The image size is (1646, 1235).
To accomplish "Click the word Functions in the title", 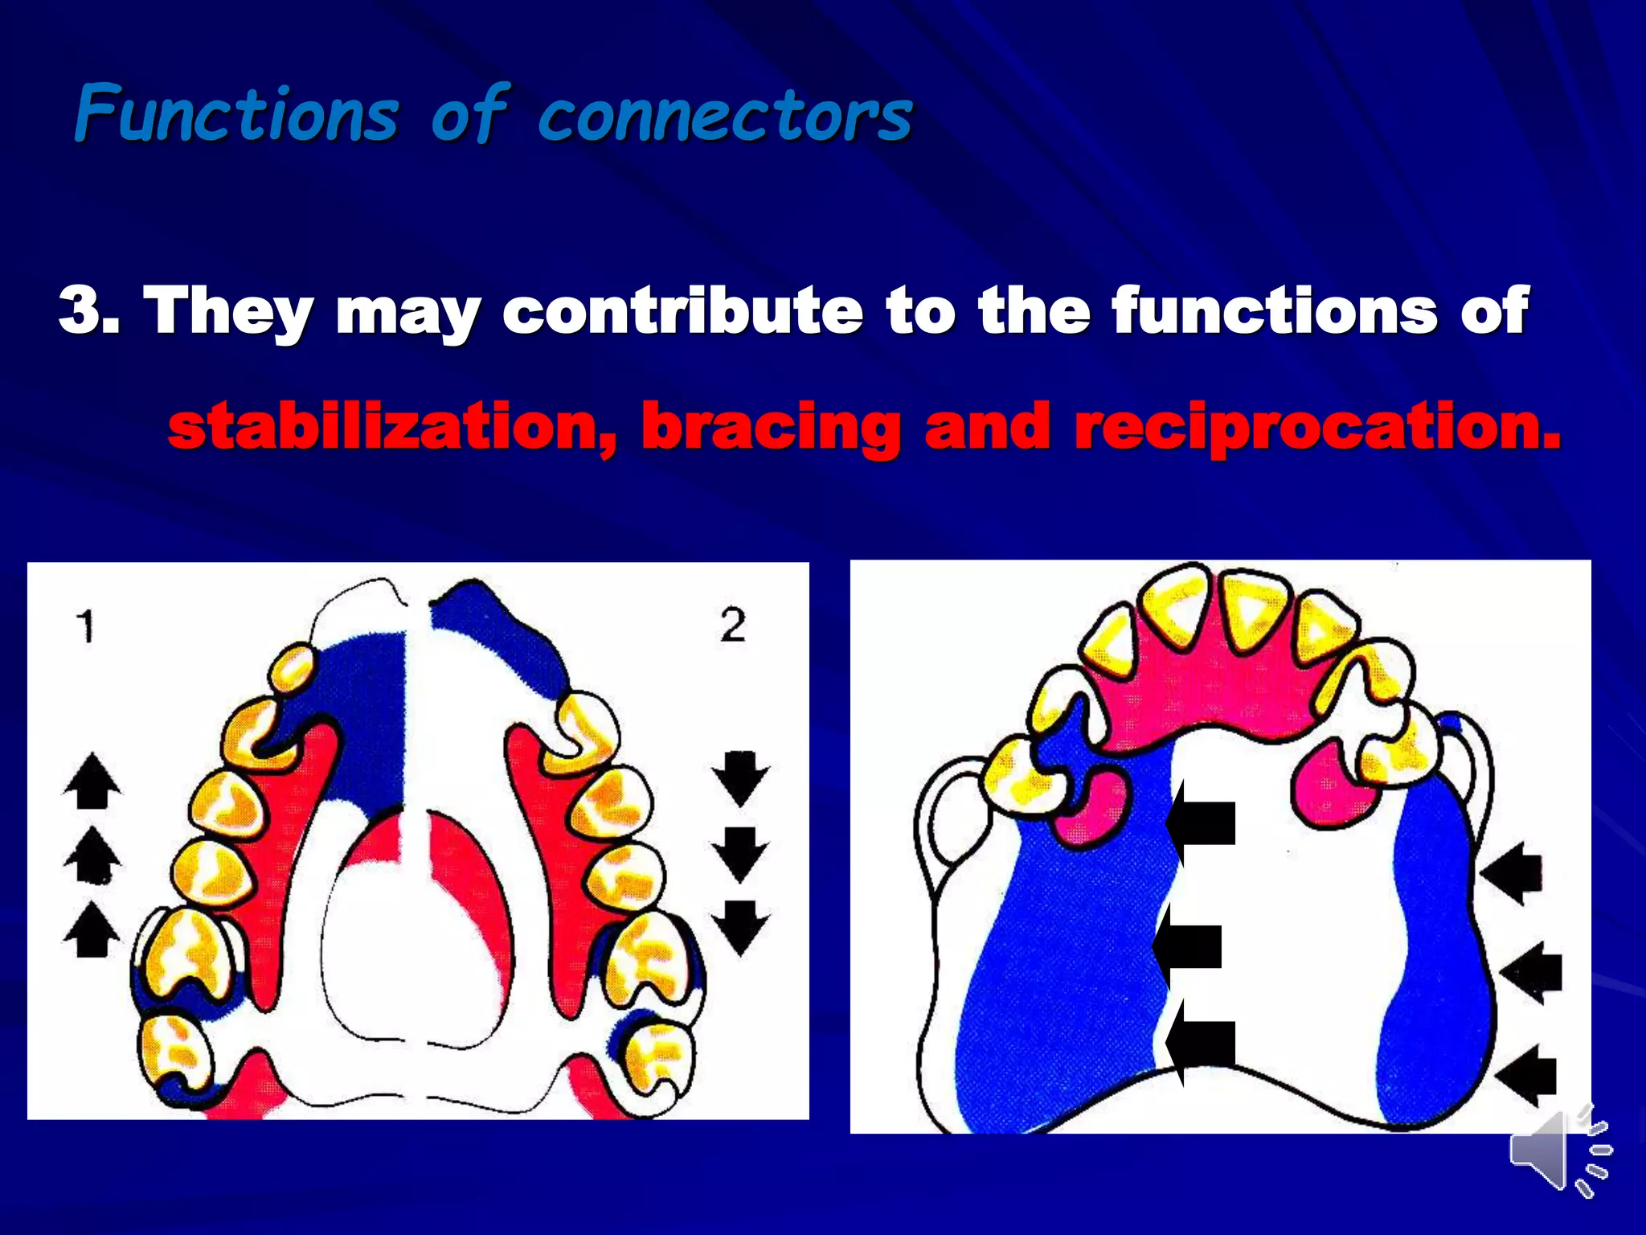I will [x=236, y=114].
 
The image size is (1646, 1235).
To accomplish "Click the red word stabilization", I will [x=392, y=427].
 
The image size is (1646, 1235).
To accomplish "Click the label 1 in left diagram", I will [x=85, y=626].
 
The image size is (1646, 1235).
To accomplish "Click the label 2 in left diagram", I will [x=732, y=625].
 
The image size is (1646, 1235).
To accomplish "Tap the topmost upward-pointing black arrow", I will [x=92, y=781].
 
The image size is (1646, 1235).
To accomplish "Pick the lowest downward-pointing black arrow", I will [x=740, y=927].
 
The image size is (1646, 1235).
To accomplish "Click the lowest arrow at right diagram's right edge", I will [x=1526, y=1074].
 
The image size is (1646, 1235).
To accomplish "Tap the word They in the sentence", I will [x=228, y=311].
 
